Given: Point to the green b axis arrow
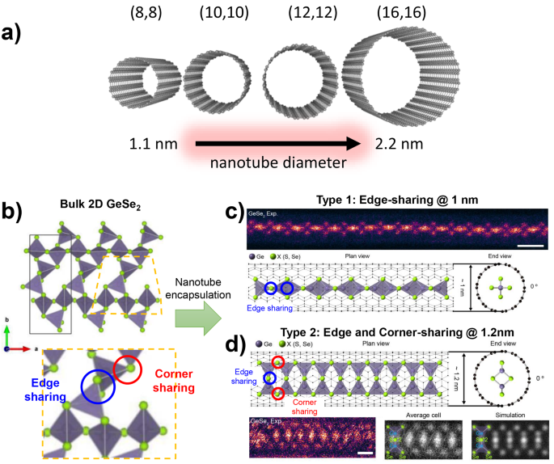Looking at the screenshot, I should pyautogui.click(x=7, y=333).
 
